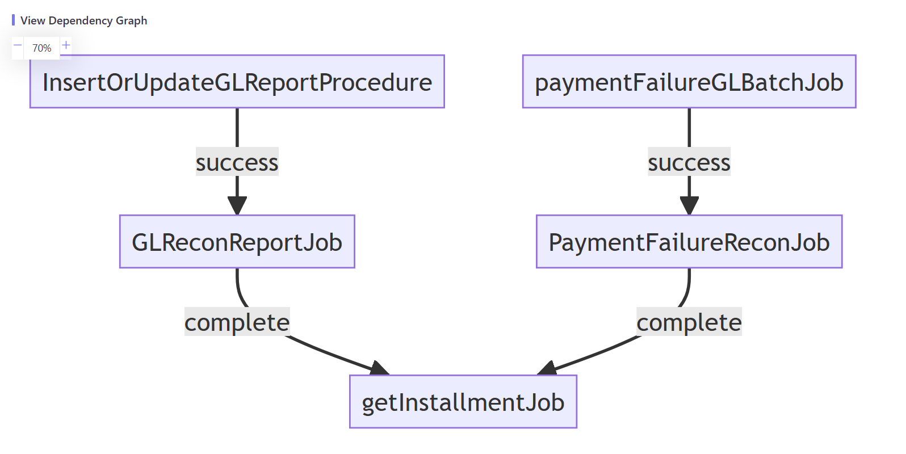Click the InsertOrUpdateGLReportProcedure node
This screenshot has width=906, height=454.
237,82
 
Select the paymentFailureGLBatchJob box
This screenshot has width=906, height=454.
689,82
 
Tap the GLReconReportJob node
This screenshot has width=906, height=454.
237,242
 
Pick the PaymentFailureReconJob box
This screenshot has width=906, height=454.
689,242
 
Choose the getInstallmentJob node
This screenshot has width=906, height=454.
463,402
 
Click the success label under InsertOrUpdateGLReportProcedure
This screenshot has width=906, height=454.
237,162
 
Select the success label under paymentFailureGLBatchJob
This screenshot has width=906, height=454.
689,162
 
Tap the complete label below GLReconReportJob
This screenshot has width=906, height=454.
237,322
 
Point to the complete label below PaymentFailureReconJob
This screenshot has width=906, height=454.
689,322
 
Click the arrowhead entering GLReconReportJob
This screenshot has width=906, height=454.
237,205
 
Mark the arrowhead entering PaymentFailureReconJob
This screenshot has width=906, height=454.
689,205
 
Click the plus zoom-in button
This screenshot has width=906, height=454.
66,45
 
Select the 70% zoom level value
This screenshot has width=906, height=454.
41,48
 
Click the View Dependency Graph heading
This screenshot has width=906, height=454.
83,20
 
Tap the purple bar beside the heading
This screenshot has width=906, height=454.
13,20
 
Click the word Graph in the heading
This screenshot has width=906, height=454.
131,20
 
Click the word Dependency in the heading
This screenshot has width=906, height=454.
80,20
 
